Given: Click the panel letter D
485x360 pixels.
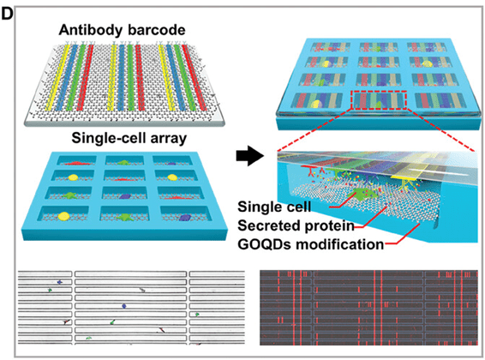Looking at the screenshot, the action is click(7, 14).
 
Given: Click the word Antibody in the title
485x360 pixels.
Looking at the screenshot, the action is click(91, 30).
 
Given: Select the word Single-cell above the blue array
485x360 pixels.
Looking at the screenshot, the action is click(109, 138).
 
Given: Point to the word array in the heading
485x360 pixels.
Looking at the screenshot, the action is click(169, 139).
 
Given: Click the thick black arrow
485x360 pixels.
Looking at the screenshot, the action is click(250, 155).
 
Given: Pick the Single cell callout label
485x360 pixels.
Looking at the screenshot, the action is click(274, 207).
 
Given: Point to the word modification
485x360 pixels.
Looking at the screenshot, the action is click(339, 244).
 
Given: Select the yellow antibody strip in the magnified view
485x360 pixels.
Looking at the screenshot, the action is click(405, 177).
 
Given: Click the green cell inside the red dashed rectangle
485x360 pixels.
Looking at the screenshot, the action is click(377, 105).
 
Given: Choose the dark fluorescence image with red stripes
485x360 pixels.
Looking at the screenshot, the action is click(368, 308).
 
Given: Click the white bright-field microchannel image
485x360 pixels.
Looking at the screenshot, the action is click(131, 308).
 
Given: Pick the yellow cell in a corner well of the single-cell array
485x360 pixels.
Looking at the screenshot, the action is click(64, 216).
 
